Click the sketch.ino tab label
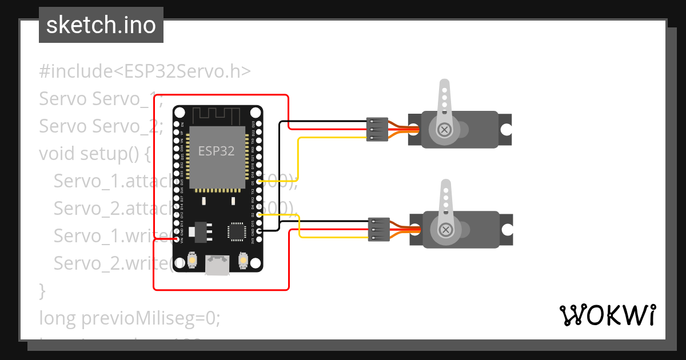tap(101, 25)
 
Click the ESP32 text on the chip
tap(216, 151)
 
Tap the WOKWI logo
tap(607, 315)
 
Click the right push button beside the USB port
tap(242, 261)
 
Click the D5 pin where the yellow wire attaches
tap(260, 181)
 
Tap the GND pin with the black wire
tap(260, 231)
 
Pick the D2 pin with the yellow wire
tap(260, 214)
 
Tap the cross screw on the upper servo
tap(444, 130)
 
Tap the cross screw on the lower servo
tap(445, 230)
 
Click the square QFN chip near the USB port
tap(236, 231)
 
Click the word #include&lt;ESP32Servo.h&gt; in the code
tap(145, 71)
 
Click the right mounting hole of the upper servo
tap(505, 130)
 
